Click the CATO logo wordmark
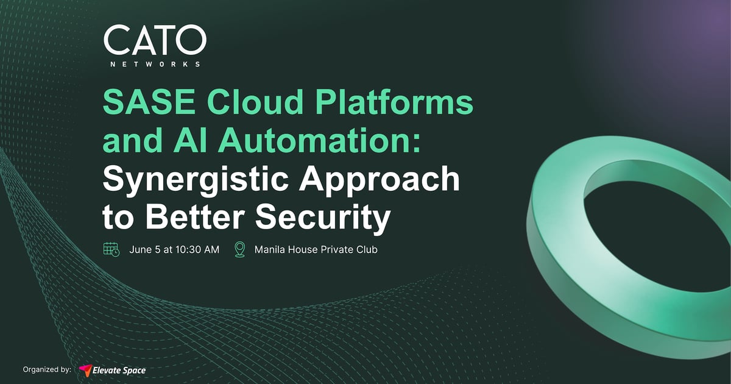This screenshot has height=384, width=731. pyautogui.click(x=154, y=41)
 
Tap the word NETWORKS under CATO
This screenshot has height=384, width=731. pyautogui.click(x=154, y=63)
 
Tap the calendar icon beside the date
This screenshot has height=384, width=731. pyautogui.click(x=111, y=249)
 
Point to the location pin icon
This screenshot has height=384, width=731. pyautogui.click(x=240, y=249)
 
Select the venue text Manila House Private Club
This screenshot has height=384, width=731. pyautogui.click(x=316, y=250)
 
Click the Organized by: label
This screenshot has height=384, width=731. pyautogui.click(x=47, y=369)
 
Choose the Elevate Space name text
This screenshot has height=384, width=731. pyautogui.click(x=119, y=369)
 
